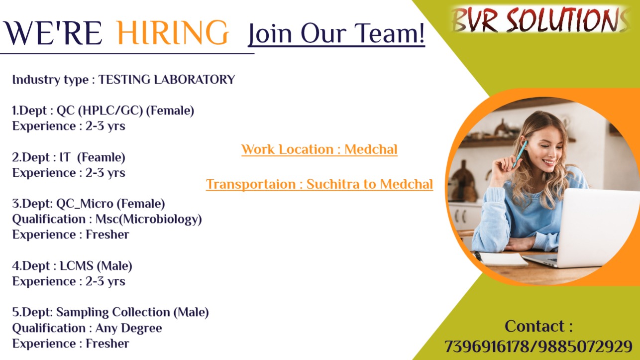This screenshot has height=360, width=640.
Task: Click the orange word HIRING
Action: pos(173,32)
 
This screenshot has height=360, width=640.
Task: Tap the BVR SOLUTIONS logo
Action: pos(540,19)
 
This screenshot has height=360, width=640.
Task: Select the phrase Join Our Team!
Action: pos(336,34)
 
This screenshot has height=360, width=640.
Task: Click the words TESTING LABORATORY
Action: pos(167,80)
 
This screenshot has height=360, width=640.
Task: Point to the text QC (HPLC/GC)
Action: pos(100,111)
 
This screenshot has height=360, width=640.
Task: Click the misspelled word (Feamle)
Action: pos(101,157)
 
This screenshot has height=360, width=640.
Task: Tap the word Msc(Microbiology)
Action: pos(149,219)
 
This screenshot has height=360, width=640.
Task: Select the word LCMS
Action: pos(76,266)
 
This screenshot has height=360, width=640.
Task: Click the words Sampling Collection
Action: pos(113,312)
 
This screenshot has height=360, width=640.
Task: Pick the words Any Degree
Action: pos(128,328)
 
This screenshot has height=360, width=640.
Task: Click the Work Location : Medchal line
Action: pos(320,149)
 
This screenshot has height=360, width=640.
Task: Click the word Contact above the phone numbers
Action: pos(534,326)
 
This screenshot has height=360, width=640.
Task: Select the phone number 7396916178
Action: pos(487,346)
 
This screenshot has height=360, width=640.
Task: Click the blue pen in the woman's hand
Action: pos(520,154)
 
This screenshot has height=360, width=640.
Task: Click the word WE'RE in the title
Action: pos(53,32)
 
